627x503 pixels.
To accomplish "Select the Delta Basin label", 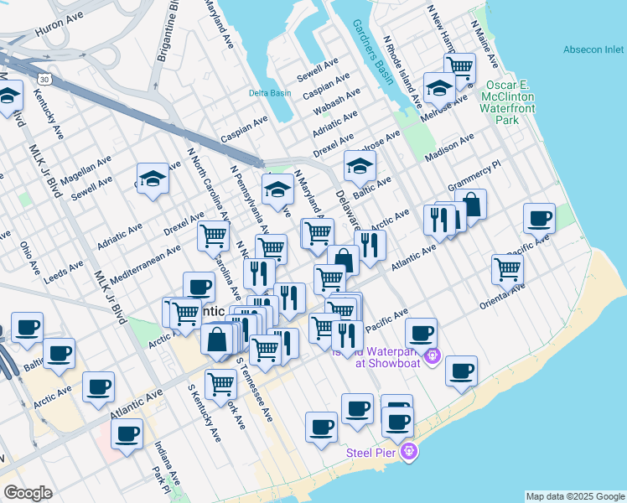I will [x=268, y=93].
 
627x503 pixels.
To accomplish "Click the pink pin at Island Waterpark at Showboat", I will [x=432, y=355].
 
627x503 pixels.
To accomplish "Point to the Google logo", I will [x=28, y=493].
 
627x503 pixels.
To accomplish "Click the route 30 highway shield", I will [x=46, y=79].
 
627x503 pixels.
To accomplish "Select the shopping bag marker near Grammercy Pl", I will [x=471, y=205].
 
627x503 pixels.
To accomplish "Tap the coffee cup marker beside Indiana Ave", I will [x=127, y=433].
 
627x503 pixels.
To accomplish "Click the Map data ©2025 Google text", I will [x=575, y=496].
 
